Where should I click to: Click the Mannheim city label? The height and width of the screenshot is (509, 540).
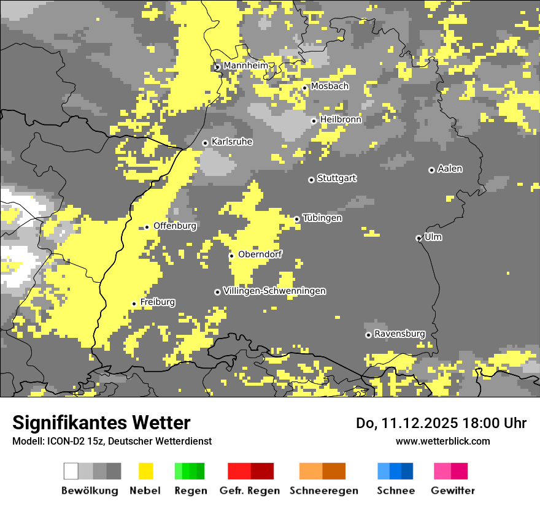coord(245,66)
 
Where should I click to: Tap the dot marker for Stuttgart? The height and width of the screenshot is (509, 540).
coord(311,180)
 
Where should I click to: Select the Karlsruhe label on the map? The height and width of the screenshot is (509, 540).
coord(232,142)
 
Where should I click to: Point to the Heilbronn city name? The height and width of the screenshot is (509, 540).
coord(341,120)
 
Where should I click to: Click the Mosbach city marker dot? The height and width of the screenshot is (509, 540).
coord(304,88)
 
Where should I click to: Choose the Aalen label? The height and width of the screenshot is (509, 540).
coord(450,169)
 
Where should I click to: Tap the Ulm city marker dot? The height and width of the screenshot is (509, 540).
coord(418,238)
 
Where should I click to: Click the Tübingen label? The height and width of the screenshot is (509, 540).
coord(322,218)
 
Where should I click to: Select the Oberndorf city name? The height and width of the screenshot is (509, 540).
coord(260,255)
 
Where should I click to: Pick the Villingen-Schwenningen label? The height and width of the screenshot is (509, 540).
coord(274,291)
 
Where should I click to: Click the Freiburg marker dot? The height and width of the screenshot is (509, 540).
coord(134,304)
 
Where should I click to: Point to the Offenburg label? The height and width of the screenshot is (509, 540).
coord(175,226)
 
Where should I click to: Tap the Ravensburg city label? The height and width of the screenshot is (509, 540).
coord(399,334)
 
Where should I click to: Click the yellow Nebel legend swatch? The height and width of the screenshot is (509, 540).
coord(145,471)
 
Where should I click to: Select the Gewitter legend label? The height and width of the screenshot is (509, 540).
coord(452,491)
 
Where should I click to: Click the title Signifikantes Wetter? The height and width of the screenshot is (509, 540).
coord(101,423)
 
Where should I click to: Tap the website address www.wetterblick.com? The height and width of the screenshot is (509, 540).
coord(442,441)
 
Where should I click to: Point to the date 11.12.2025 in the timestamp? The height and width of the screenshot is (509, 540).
coord(418,423)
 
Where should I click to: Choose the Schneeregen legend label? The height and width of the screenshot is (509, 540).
coord(323,491)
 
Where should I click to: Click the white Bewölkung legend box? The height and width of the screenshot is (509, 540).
coord(71,471)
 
